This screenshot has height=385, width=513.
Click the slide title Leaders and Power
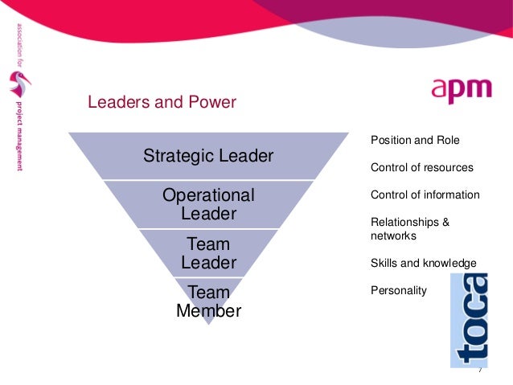click(162, 102)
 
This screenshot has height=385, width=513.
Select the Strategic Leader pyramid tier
click(208, 156)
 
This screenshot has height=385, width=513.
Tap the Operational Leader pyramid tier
click(208, 204)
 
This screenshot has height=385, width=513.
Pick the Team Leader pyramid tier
click(208, 253)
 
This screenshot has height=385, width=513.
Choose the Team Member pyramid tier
click(208, 301)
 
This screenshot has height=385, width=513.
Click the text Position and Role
click(415, 140)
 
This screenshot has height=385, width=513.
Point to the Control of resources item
click(421, 168)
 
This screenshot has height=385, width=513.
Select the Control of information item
click(425, 195)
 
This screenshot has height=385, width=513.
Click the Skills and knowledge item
click(423, 263)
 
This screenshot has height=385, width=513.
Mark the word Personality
click(398, 290)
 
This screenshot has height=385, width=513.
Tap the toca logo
click(470, 319)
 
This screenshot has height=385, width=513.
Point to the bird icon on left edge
click(18, 83)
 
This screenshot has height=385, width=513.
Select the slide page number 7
click(479, 370)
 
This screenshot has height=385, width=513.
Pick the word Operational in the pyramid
click(208, 195)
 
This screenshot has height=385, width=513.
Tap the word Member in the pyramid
click(208, 310)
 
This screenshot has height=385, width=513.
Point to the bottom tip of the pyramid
click(208, 323)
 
